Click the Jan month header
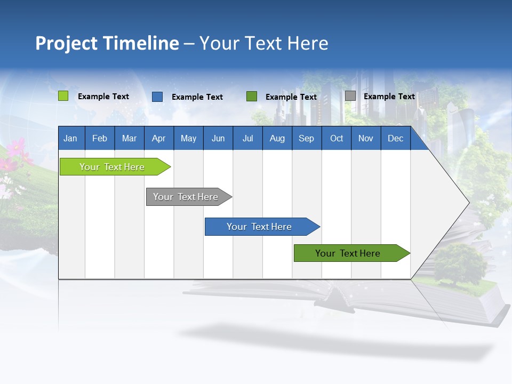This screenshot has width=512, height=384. click(71, 138)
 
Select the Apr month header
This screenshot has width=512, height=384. click(159, 138)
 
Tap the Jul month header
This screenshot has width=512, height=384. click(247, 138)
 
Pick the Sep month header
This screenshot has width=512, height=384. click(307, 138)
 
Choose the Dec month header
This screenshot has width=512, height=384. click(395, 138)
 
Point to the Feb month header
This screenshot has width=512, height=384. click(100, 138)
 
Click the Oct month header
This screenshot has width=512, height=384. click(337, 138)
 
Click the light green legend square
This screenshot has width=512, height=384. click(63, 96)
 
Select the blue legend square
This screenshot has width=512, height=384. click(157, 97)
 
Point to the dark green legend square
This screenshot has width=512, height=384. click(252, 97)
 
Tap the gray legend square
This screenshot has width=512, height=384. click(350, 96)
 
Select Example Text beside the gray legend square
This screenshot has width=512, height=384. click(389, 97)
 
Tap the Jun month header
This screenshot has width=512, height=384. click(218, 138)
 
